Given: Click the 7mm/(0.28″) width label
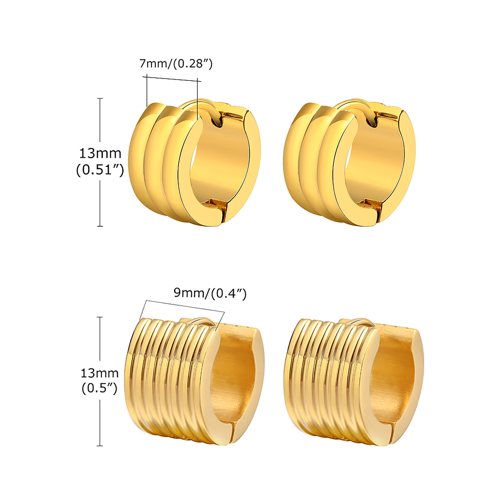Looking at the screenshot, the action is pos(176,64).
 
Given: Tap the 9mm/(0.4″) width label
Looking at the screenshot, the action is pos(210,293).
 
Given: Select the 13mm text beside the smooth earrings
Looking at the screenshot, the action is pos(100,153).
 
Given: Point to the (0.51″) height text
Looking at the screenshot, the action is pos(100,170).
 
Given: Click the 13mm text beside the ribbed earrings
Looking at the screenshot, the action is pos(100,373).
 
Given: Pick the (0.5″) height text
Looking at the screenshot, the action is pos(100,388).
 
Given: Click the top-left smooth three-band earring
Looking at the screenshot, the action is pos(195,163).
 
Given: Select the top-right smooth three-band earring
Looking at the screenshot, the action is pos(349,163).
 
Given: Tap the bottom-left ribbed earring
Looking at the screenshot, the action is pos(194,382).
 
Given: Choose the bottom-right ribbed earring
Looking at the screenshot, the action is pos(354,382).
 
